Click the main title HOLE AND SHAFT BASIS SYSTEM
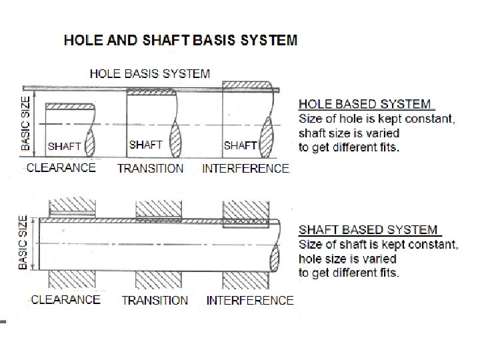coord(181,40)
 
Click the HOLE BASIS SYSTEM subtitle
coord(149,73)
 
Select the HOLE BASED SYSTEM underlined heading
coord(365,104)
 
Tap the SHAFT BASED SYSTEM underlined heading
coord(368,230)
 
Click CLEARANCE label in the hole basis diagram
coord(61,167)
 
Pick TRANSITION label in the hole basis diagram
coord(150,168)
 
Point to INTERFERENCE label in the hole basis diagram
coord(245,168)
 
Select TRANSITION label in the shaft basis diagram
coord(155,300)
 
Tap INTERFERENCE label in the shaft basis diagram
coord(250,300)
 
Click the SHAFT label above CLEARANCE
coord(65,146)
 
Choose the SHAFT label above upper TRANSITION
coord(146,145)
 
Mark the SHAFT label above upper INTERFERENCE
coord(241,145)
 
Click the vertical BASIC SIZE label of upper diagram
coord(26,121)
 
